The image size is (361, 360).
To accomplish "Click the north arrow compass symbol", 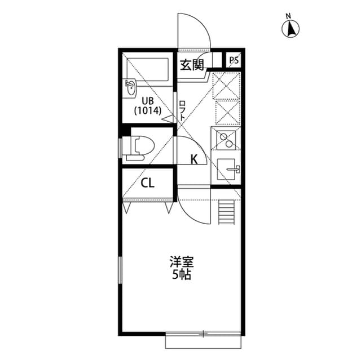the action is (x=290, y=29).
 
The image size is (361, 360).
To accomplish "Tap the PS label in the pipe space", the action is (x=234, y=60).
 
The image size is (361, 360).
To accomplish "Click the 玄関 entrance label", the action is (x=192, y=65).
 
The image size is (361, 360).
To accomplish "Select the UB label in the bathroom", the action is (x=148, y=101).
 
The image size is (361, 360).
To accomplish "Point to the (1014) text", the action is (x=148, y=111).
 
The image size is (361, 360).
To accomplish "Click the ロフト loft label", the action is (x=182, y=111).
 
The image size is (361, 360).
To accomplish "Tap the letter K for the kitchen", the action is (x=194, y=159).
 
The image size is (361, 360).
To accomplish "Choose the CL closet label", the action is (x=148, y=183).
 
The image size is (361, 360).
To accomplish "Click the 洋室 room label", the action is (x=182, y=262).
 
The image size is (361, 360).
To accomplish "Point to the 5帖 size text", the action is (x=182, y=274).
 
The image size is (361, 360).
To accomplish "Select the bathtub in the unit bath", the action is (x=148, y=69).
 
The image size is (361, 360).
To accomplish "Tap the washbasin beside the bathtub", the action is (x=130, y=88).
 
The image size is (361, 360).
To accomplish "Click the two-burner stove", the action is (x=226, y=140).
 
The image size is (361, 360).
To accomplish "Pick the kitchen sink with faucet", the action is (x=228, y=170).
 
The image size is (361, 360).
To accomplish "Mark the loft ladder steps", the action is (x=227, y=212).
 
